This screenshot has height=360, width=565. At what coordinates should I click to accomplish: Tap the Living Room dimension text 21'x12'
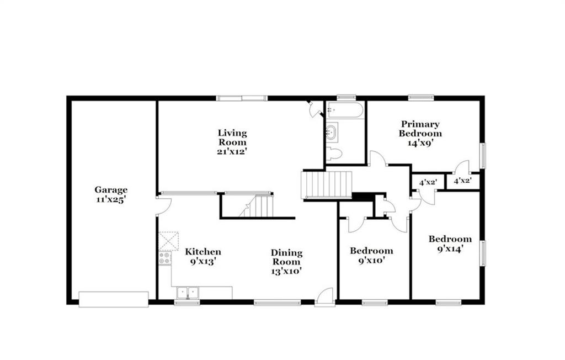(x=232, y=151)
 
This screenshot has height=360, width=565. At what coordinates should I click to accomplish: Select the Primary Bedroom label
(x=420, y=129)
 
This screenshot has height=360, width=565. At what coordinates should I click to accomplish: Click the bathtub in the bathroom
(x=344, y=110)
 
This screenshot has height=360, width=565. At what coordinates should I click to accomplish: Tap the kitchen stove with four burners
(x=165, y=258)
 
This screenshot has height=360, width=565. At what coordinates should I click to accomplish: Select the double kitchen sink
(x=188, y=293)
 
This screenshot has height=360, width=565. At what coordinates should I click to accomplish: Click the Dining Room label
(x=286, y=257)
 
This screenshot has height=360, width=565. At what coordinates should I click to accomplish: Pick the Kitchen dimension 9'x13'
(x=203, y=261)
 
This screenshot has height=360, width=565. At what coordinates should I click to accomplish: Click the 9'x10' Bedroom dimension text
(x=371, y=260)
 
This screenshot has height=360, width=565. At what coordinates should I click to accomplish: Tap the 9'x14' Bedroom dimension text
(x=450, y=248)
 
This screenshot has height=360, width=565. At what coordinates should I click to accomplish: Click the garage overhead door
(x=114, y=299)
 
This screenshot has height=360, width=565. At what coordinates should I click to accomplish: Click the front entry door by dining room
(x=325, y=297)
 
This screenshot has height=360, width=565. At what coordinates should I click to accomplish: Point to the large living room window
(x=242, y=98)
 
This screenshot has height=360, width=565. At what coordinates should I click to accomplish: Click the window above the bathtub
(x=347, y=97)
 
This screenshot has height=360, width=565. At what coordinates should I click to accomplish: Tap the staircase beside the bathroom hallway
(x=327, y=184)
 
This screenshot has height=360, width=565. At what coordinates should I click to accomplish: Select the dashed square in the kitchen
(x=169, y=241)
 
